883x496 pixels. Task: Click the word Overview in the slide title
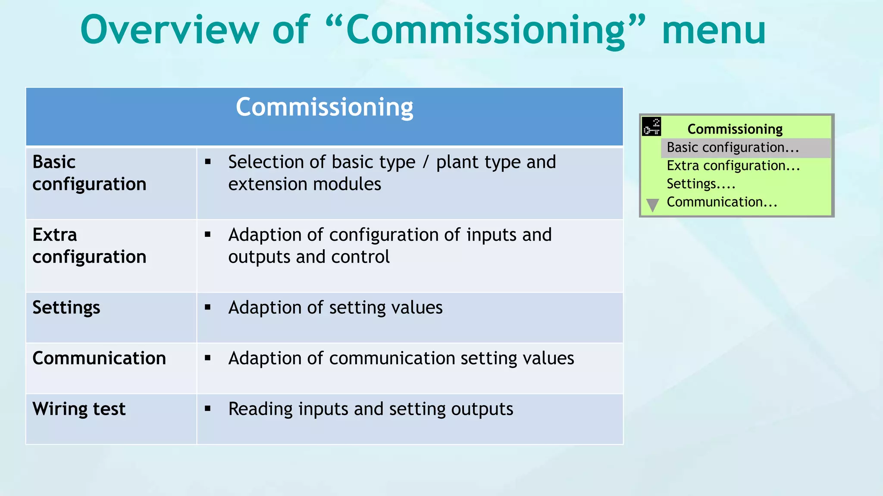169,30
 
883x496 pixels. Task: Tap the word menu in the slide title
714,30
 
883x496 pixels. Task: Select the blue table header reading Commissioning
324,107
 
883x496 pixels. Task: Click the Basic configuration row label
89,173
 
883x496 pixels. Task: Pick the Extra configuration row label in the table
89,246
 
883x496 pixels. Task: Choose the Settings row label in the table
66,308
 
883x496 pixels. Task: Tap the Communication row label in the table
99,358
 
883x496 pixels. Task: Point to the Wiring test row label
79,409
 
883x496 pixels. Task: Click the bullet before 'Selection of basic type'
208,162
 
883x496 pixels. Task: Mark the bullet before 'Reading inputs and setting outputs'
208,409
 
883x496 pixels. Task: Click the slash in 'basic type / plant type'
426,162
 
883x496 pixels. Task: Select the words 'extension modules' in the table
304,184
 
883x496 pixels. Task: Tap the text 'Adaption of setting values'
335,308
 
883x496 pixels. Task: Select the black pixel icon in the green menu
651,127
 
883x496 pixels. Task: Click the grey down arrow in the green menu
653,205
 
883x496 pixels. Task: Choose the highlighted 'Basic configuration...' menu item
733,148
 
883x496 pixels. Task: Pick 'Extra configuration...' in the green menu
733,166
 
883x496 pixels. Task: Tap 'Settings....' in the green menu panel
701,184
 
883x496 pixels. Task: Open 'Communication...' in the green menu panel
722,202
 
